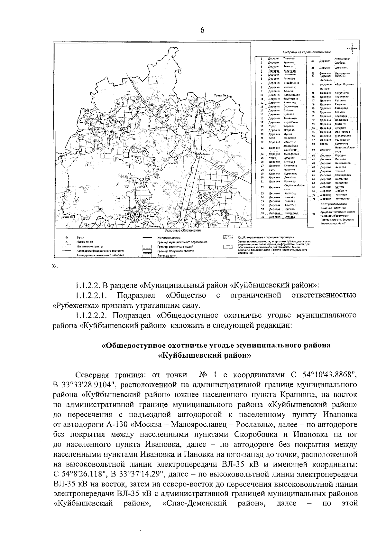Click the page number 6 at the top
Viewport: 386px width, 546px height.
(x=202, y=30)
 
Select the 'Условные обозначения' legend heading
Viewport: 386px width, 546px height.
(x=182, y=231)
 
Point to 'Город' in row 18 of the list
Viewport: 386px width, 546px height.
(x=272, y=126)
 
